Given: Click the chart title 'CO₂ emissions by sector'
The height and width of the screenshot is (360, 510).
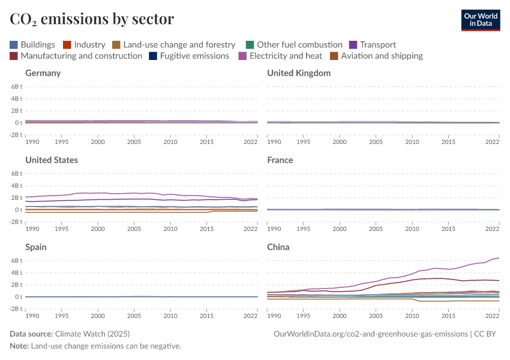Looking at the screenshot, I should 92,19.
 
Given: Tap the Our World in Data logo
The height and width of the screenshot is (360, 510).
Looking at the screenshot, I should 481,19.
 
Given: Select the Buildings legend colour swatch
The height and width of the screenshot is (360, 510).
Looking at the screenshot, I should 14,44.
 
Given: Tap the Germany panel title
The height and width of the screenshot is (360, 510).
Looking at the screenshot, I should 43,73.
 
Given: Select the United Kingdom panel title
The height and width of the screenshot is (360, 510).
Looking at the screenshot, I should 299,73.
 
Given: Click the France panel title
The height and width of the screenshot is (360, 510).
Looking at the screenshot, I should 280,160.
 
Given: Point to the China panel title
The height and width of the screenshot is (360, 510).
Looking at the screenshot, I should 278,247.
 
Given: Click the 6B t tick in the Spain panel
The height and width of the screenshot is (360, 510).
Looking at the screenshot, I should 16,260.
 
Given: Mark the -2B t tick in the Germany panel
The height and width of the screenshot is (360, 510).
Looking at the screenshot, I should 16,135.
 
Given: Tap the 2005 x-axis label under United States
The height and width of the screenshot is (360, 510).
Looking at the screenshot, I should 134,229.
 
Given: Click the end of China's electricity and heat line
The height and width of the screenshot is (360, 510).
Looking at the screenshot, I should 499,258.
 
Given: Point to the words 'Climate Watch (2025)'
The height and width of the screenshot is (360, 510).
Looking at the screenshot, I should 92,334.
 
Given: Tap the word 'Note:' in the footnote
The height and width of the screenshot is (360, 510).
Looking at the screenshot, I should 19,346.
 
